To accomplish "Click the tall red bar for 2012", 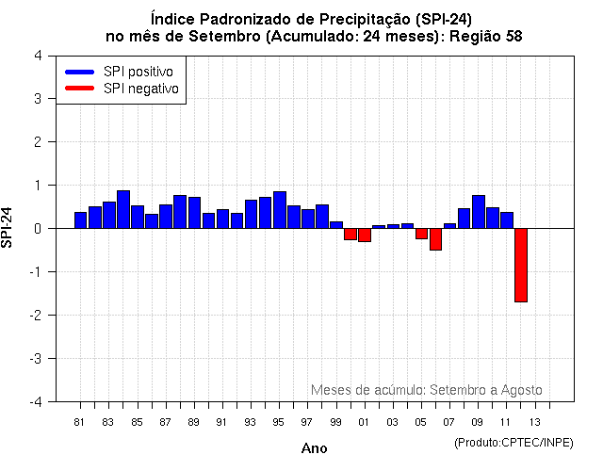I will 520,265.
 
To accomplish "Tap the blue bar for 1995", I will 280,210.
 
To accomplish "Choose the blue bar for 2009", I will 478,212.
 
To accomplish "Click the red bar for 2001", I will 365,235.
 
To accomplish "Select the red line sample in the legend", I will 80,89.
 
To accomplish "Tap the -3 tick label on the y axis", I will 35,359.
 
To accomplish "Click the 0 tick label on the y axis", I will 37,229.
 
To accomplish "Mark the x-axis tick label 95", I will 279,422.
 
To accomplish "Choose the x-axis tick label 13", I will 534,422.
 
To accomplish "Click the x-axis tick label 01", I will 364,422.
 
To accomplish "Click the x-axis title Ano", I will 314,448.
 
